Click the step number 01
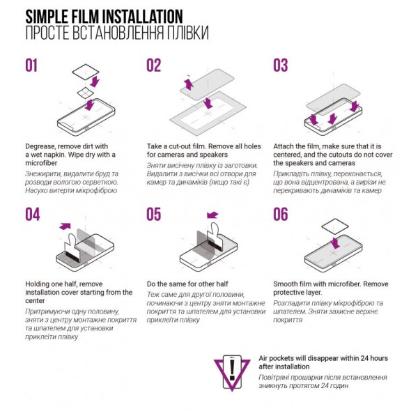click(31, 65)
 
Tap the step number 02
click(153, 65)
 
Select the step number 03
click(281, 65)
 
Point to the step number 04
click(33, 215)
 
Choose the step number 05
click(153, 215)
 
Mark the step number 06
click(281, 215)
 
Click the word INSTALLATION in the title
click(143, 17)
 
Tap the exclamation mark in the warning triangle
click(232, 369)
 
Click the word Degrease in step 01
click(40, 146)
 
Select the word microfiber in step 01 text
click(41, 163)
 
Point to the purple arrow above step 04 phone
click(65, 226)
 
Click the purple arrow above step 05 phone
click(212, 215)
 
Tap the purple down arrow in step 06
click(335, 243)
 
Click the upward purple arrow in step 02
click(189, 84)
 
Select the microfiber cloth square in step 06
click(335, 226)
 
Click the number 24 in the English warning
click(364, 358)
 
